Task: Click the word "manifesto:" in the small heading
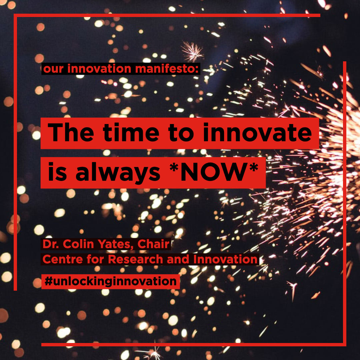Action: (167, 69)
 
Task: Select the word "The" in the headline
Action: (70, 132)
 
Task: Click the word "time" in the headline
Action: (131, 132)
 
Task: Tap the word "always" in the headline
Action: (118, 173)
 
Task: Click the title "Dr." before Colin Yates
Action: (51, 244)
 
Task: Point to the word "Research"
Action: (136, 259)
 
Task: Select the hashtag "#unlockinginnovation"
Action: (110, 281)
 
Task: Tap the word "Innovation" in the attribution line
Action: (225, 259)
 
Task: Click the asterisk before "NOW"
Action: (174, 167)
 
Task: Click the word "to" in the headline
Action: (181, 133)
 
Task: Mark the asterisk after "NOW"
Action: (254, 167)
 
